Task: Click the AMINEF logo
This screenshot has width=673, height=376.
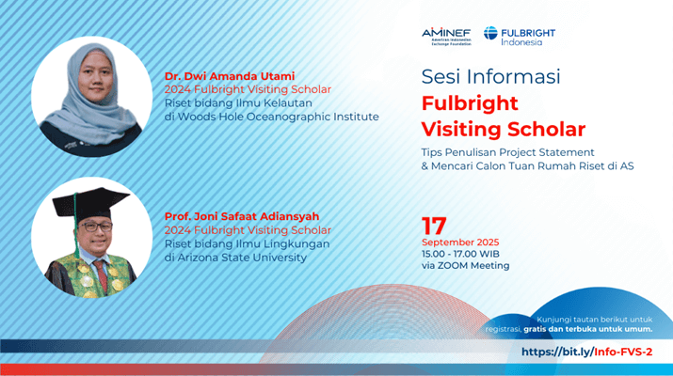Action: [446, 37]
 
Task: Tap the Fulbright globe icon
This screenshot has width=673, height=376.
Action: [490, 33]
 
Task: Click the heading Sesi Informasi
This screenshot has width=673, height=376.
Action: [490, 77]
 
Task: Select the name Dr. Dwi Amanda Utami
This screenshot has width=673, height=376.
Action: [230, 76]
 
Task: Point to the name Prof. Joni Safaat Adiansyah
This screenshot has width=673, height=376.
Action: [242, 216]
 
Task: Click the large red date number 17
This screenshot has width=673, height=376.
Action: [434, 226]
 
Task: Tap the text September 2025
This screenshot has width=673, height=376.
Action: [460, 243]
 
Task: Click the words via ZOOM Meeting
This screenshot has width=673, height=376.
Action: [465, 266]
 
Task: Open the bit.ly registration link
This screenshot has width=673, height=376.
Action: [586, 352]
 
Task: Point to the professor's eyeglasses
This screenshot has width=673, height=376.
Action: [95, 227]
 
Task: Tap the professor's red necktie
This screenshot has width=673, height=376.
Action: [102, 274]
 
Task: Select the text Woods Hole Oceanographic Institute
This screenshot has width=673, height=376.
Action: [278, 117]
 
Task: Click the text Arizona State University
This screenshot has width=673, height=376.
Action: [242, 258]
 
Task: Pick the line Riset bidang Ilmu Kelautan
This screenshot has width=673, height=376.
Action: [238, 103]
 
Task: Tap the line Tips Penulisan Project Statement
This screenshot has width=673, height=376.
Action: [507, 152]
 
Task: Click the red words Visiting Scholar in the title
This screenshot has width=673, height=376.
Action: [503, 130]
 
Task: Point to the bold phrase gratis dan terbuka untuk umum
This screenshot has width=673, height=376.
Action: [588, 329]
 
